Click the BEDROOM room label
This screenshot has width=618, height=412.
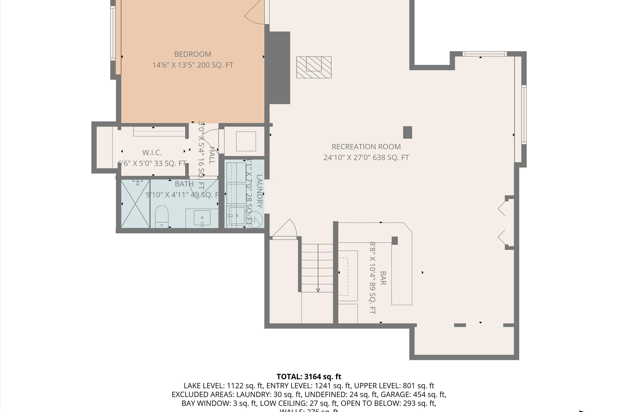click(193, 54)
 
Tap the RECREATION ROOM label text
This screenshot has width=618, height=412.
click(366, 147)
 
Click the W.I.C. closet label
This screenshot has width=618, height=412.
click(152, 152)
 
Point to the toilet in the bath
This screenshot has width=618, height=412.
click(162, 215)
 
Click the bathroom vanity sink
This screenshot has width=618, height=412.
click(202, 218)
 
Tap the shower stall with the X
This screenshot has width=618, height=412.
click(135, 204)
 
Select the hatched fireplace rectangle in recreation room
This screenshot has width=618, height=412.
click(314, 67)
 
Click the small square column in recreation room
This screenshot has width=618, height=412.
click(407, 132)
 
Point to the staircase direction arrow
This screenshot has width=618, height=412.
click(318, 290)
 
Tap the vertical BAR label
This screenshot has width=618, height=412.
click(383, 278)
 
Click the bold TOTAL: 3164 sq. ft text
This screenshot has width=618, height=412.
click(309, 377)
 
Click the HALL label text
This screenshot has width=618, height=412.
click(212, 156)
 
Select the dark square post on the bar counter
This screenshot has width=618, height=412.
click(395, 241)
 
